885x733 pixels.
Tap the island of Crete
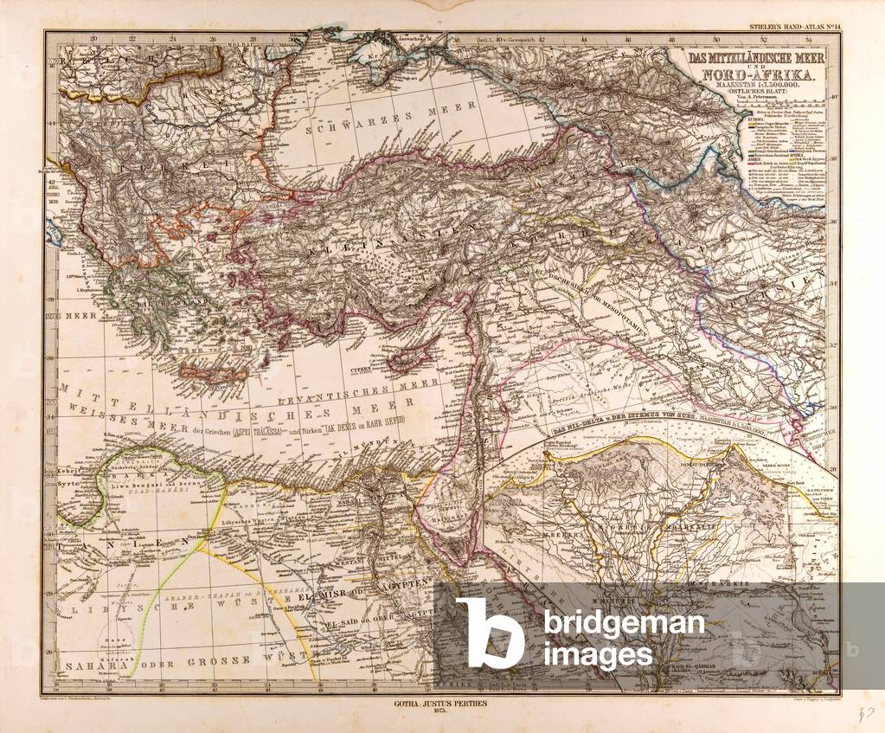[x=202, y=374]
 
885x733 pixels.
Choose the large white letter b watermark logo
[x=490, y=633]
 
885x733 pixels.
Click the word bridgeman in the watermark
[x=623, y=624]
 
